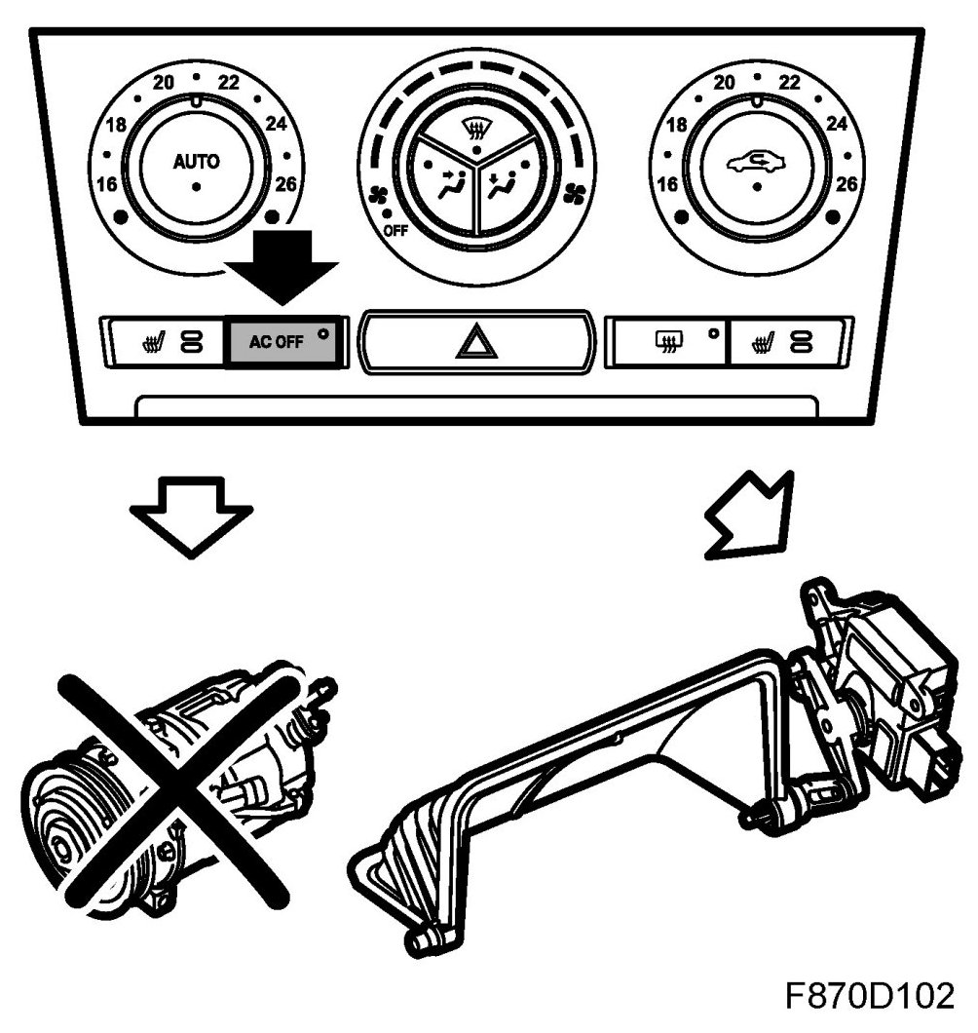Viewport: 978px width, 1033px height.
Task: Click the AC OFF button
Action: coord(283,342)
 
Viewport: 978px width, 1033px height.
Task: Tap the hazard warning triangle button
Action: coord(476,343)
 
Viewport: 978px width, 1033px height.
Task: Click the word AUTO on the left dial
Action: coord(196,162)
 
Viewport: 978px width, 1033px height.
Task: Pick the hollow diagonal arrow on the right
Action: coord(747,516)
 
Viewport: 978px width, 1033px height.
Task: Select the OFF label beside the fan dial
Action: coord(395,231)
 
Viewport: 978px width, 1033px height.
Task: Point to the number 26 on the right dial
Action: coord(846,183)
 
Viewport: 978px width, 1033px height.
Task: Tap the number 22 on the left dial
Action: coord(228,83)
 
